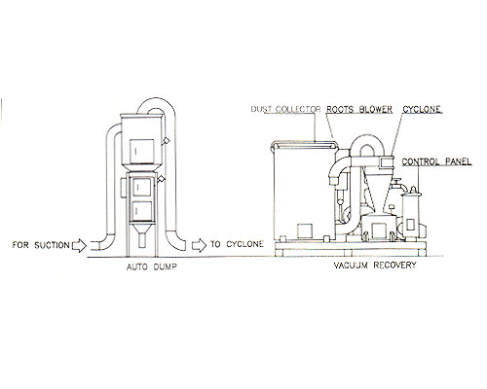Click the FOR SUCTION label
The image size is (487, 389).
coord(41,245)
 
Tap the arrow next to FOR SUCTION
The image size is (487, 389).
coord(79,245)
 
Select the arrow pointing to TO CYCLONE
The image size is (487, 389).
coord(199,245)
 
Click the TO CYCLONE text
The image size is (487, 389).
coord(237,244)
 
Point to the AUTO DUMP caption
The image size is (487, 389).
coord(152,267)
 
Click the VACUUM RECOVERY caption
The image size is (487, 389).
coord(375,265)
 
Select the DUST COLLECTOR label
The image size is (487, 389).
coord(285,109)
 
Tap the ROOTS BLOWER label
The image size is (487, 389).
coord(359,110)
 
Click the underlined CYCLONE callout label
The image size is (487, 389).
coord(422,110)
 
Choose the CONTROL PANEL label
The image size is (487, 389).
coord(436,161)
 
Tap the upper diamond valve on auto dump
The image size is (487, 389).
coord(166,140)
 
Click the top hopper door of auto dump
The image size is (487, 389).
coord(142,151)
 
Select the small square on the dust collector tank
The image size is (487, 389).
coord(305,230)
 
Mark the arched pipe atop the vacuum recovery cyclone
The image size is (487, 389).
coord(367,140)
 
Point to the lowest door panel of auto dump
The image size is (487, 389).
coord(142,211)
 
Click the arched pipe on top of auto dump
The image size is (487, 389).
coord(157,103)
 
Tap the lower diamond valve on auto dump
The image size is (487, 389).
coord(161,179)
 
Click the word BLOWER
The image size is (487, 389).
coord(376,110)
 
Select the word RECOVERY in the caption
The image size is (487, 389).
coord(394,265)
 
